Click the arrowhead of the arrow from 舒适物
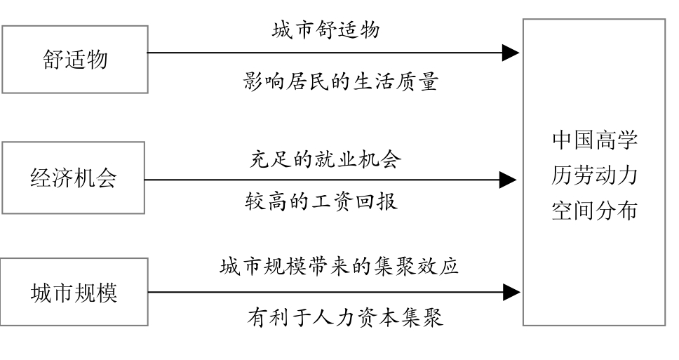point(511,53)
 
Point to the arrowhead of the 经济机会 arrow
point(508,180)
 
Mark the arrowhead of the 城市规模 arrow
point(512,292)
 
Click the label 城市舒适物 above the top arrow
point(326,30)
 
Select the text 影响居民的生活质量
point(341,81)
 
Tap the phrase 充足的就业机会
point(325,159)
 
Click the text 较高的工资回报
point(321,201)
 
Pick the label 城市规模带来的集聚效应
point(339,266)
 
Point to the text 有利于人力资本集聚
point(346,317)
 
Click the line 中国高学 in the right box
point(595,140)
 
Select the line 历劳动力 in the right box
point(595,175)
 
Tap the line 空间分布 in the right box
point(595,211)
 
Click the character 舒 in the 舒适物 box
point(53,60)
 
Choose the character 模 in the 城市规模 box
point(107,293)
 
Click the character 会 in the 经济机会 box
point(106,178)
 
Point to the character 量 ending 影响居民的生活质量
point(429,81)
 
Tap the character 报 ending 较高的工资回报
point(387,201)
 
